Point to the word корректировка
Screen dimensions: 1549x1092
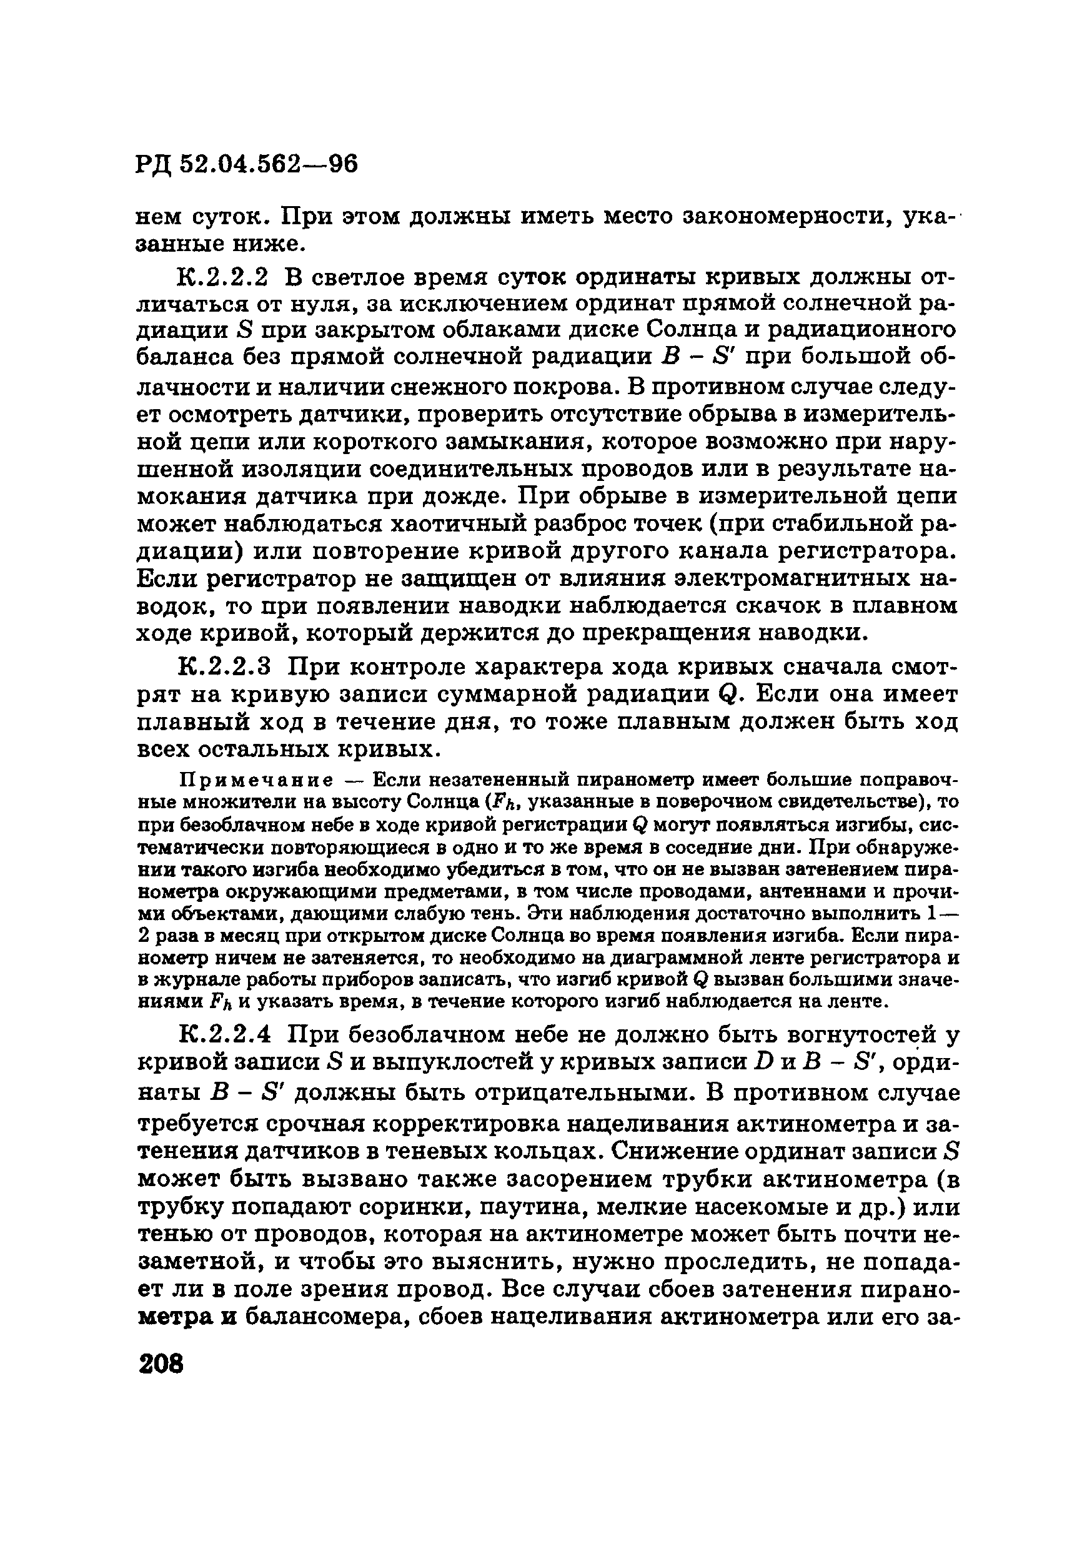[502, 1125]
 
